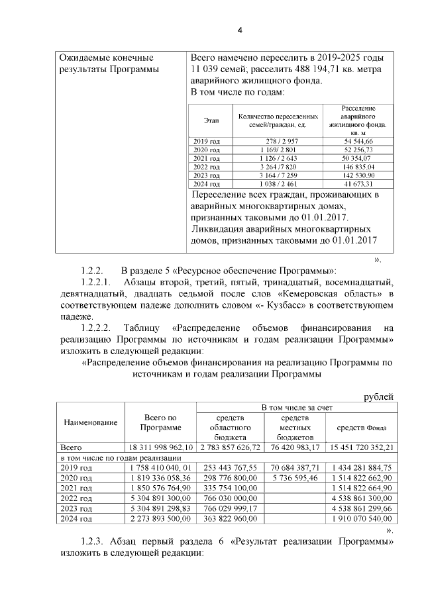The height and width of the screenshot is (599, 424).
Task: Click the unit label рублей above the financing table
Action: (x=379, y=396)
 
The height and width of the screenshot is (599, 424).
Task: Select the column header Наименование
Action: (x=90, y=422)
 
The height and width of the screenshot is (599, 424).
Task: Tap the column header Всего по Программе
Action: (x=160, y=422)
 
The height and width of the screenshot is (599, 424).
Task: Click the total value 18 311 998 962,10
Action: (x=160, y=447)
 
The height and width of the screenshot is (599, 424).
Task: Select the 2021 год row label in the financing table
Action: (x=76, y=488)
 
